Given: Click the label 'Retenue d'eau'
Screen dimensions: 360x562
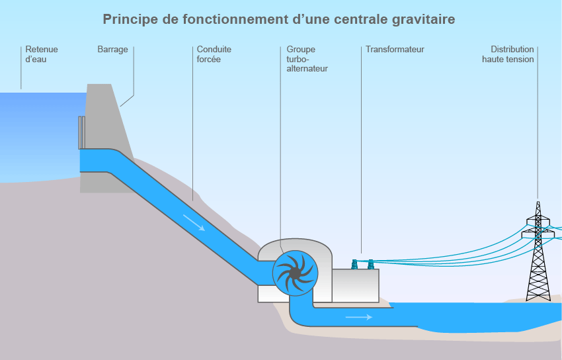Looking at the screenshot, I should point(41,54).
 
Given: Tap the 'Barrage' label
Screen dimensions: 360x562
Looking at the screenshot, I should point(112,50).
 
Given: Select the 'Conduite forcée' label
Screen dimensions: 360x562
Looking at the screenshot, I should point(214,54).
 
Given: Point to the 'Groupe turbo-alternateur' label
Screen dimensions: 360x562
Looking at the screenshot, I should point(307,59).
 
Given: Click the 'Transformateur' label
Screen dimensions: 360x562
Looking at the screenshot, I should point(395,50).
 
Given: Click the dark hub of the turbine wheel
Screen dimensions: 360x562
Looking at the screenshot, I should point(294,272).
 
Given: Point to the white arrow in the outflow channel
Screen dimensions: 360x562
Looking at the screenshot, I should point(359,317).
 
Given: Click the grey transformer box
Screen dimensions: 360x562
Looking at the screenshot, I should point(356,285).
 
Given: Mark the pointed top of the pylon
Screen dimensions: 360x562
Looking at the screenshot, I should point(538,202).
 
